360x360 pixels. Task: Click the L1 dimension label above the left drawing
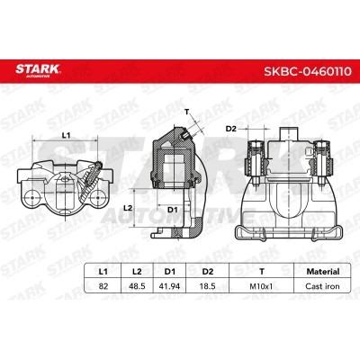(x=67, y=135)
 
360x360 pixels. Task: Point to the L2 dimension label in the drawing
(x=127, y=207)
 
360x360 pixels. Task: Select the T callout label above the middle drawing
(x=186, y=112)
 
